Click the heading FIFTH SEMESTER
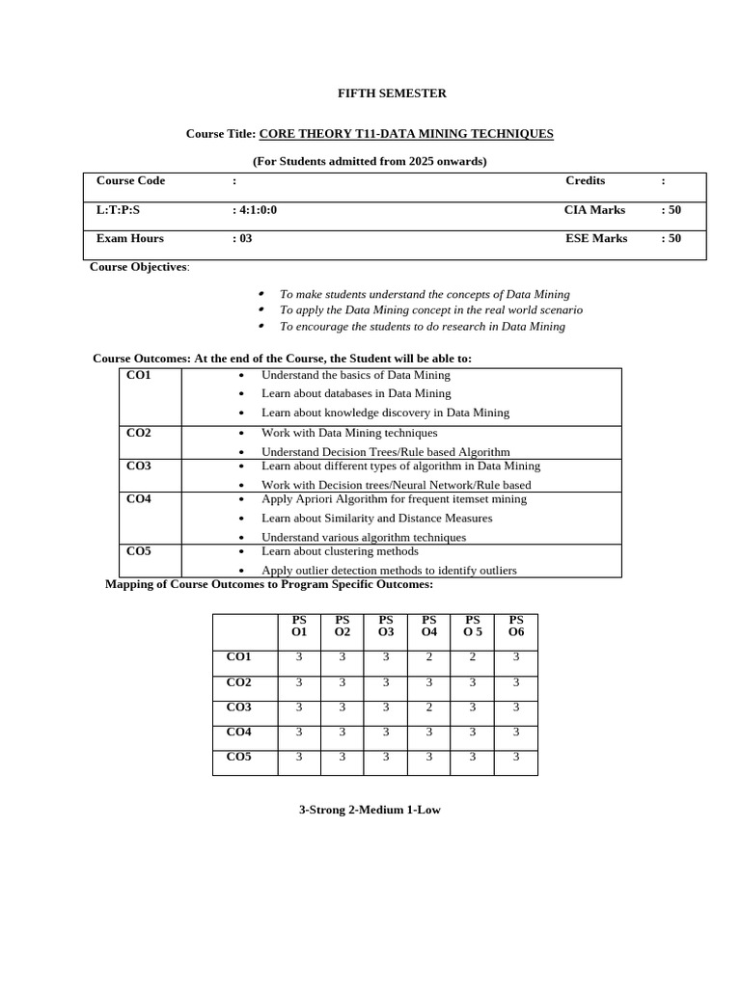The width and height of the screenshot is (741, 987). (391, 93)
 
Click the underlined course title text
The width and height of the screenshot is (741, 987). (406, 134)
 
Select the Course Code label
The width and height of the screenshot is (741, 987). (130, 181)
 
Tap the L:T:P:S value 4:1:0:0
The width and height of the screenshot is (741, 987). (255, 210)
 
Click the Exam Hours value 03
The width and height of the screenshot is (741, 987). (242, 239)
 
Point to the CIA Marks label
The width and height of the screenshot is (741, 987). (594, 210)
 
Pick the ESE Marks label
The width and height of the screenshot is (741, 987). (595, 239)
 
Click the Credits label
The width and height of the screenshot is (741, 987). (585, 181)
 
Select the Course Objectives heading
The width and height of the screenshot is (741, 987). (139, 267)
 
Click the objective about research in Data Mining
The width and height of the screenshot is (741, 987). (422, 327)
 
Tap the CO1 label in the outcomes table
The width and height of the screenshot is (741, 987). (139, 376)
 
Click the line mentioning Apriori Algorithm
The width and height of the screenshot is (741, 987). (394, 499)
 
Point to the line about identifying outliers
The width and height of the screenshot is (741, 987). (389, 571)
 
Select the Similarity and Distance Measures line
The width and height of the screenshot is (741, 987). (376, 519)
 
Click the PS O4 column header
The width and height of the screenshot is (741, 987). (428, 626)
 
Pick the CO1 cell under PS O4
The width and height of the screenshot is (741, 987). (428, 657)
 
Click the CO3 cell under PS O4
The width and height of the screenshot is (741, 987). (428, 707)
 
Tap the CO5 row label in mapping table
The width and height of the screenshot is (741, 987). (238, 758)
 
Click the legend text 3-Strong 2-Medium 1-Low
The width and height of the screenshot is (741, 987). (370, 811)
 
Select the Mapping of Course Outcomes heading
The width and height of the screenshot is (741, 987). (269, 585)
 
